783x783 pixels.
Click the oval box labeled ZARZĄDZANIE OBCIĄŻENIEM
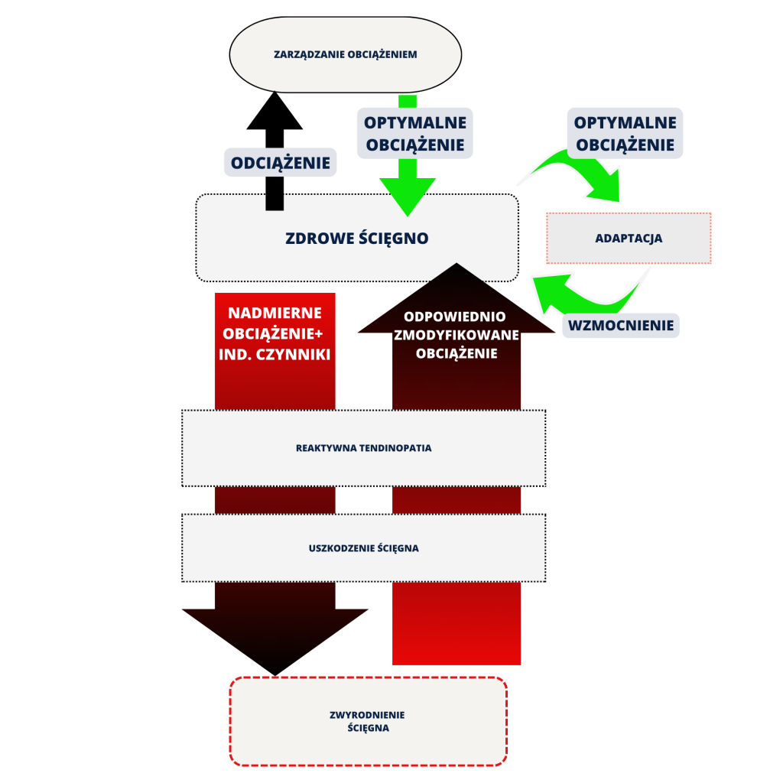pos(346,55)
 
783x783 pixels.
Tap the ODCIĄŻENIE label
pos(281,163)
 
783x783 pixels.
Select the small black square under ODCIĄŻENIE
pos(275,201)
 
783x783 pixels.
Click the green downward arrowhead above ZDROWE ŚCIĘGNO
pos(408,194)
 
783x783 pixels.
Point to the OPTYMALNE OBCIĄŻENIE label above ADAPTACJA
pos(625,134)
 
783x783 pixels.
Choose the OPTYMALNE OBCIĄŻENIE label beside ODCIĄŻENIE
pos(414,134)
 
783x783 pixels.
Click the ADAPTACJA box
pos(629,239)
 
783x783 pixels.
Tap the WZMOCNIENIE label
pos(622,326)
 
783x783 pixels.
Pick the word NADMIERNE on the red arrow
pos(275,314)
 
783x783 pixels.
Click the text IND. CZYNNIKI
pos(275,355)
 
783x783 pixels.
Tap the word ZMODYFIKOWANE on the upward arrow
pos(456,335)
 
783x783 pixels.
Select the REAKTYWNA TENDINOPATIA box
pos(364,448)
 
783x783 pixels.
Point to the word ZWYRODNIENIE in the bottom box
pos(367,715)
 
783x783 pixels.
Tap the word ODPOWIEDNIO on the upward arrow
pos(456,317)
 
